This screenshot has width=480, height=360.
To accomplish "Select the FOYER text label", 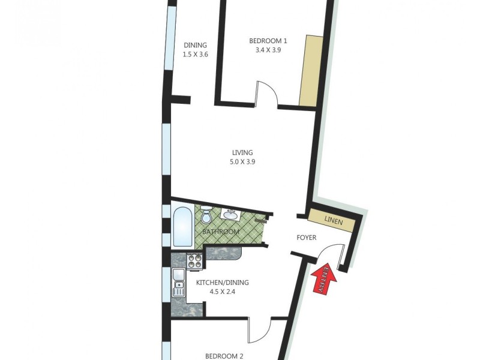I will click(307, 238).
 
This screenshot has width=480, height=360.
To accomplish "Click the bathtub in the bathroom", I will click(182, 227).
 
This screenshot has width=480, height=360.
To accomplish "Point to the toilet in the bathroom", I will click(206, 214).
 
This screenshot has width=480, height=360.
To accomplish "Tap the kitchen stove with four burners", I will click(195, 260).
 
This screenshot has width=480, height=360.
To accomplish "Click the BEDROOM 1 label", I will click(268, 41).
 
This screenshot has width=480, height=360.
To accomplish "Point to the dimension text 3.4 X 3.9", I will click(268, 50).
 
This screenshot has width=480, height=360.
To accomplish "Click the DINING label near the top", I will click(195, 45).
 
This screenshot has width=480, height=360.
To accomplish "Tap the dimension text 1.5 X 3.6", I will click(195, 55).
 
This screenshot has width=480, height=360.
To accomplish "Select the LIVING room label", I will click(243, 152).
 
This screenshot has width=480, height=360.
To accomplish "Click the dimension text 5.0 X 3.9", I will click(243, 162).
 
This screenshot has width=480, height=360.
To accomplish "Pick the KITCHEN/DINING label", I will click(222, 283).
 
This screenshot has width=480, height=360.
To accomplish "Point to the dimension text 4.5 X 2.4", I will click(222, 292).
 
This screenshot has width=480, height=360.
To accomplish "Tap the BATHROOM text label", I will click(221, 232).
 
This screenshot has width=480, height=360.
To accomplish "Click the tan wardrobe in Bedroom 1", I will click(311, 70).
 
